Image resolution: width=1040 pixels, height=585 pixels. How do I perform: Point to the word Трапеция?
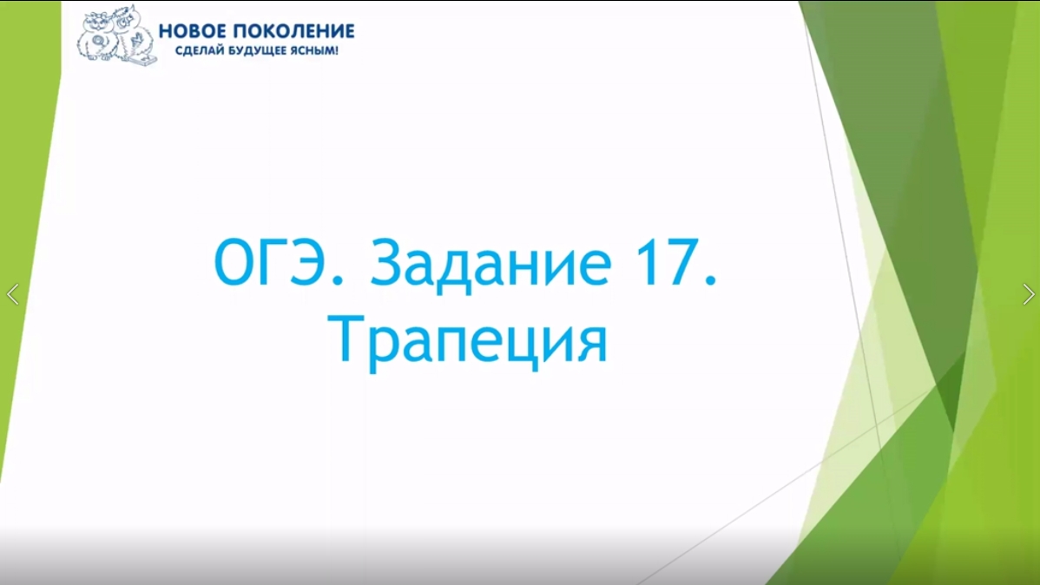(x=470, y=341)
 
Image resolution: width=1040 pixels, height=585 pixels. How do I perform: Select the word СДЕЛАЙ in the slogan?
(x=194, y=51)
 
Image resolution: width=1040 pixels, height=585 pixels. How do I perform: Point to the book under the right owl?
(x=139, y=59)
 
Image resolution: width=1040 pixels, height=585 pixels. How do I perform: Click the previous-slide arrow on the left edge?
(x=12, y=294)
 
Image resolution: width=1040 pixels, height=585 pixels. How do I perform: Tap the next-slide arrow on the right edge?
(x=1028, y=294)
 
